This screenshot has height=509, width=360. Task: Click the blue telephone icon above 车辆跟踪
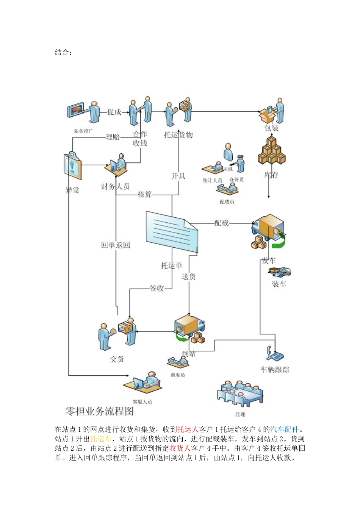click(x=274, y=354)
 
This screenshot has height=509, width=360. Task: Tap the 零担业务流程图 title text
click(x=99, y=411)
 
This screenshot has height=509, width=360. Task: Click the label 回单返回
click(x=115, y=245)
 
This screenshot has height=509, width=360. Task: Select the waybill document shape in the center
click(x=172, y=231)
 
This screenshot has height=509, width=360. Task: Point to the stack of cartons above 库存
click(x=271, y=151)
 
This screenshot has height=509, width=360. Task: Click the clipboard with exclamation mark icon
click(x=72, y=166)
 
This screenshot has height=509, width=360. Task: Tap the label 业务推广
click(x=83, y=131)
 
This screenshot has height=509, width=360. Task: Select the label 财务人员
click(x=115, y=186)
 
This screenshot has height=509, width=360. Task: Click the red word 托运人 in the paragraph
click(x=188, y=429)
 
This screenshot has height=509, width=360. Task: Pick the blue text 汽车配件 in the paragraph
click(x=285, y=429)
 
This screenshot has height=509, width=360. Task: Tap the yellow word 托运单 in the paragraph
click(x=101, y=439)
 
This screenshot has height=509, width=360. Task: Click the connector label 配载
click(x=221, y=223)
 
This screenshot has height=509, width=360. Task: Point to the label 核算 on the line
click(x=144, y=194)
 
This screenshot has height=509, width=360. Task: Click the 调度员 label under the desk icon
click(x=178, y=375)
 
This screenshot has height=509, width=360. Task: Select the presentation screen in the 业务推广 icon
click(x=76, y=110)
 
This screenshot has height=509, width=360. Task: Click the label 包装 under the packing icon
click(x=271, y=128)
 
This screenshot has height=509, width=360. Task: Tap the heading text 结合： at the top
click(x=63, y=53)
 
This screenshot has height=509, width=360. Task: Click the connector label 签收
click(x=157, y=288)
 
